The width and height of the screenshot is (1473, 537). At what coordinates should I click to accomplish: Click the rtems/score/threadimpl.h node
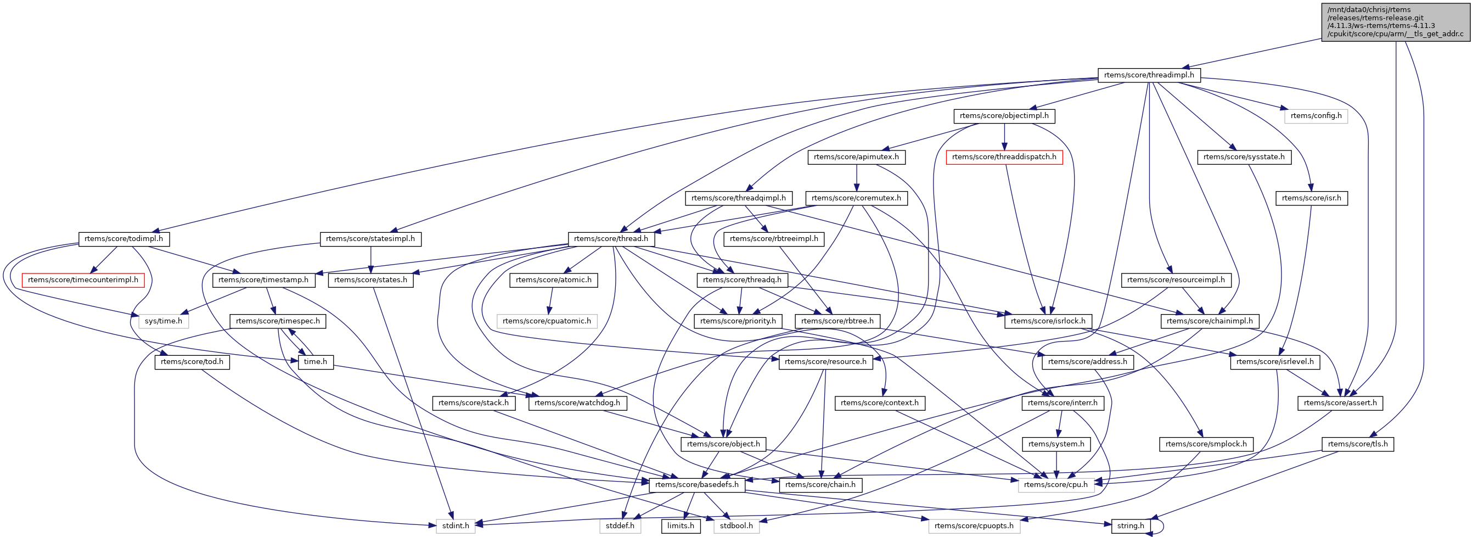tap(1149, 75)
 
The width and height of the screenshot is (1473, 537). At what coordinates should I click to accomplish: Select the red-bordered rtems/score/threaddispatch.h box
tap(1004, 156)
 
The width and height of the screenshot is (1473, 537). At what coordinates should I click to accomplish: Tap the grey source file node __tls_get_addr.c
tap(1395, 22)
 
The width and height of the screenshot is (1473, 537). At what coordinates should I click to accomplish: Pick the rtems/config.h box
tap(1315, 115)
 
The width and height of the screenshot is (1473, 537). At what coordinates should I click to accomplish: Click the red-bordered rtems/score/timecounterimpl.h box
tap(83, 279)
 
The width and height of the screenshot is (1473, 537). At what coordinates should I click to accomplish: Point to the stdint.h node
tap(455, 525)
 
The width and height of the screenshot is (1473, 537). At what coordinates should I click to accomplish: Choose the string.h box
tap(1131, 525)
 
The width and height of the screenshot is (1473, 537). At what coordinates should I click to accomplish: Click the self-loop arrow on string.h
tap(1162, 525)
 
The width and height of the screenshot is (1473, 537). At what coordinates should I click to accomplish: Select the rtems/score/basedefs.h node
tap(696, 484)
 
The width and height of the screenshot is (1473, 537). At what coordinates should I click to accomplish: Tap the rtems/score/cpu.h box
tap(1055, 484)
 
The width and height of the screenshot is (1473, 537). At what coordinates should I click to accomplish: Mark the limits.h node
tap(681, 525)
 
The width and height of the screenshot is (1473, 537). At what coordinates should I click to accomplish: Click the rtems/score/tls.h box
tap(1358, 444)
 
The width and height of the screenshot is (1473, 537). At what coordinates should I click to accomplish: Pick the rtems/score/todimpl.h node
tap(123, 238)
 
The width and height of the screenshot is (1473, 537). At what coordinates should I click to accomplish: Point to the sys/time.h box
tap(164, 321)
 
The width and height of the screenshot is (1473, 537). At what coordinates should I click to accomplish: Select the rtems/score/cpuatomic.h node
tap(547, 321)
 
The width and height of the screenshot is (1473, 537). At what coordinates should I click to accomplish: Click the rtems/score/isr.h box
tap(1311, 198)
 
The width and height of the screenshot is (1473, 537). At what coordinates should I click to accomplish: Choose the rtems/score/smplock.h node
tap(1206, 444)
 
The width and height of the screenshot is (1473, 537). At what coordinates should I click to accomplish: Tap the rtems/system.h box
tap(1055, 444)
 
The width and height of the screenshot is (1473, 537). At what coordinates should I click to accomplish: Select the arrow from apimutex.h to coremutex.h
tap(856, 177)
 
